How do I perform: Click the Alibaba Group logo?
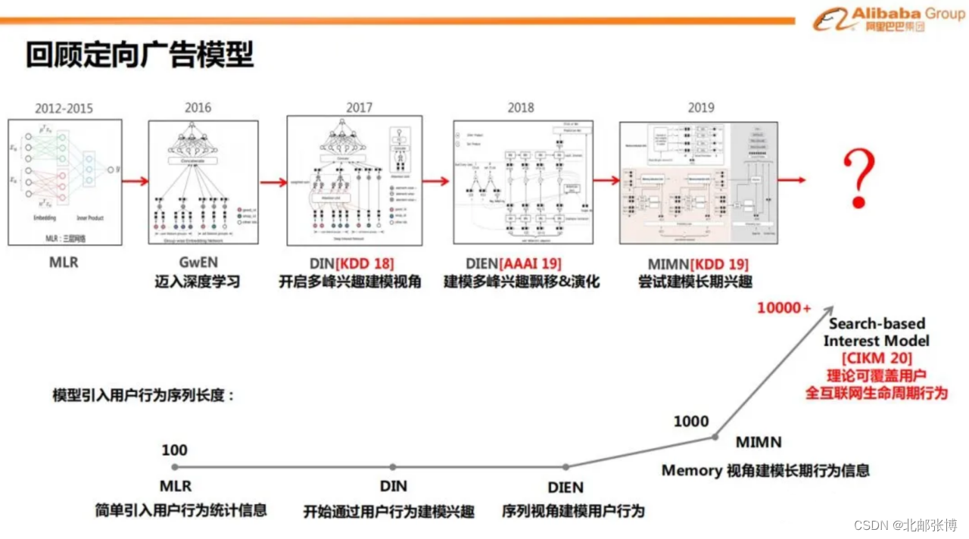(879, 20)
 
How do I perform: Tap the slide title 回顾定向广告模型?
(139, 55)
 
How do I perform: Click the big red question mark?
(859, 179)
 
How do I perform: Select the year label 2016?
(198, 107)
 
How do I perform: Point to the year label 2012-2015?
(64, 108)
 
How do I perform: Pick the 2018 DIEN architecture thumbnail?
(523, 182)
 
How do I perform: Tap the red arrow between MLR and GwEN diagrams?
(135, 182)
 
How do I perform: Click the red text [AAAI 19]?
(533, 264)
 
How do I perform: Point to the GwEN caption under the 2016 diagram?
(198, 264)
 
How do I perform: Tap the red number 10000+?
(784, 308)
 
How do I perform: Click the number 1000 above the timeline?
(691, 422)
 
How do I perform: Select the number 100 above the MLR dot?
(174, 450)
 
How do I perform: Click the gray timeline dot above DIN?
(392, 468)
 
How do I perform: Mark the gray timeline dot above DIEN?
(566, 468)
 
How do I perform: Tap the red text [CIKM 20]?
(877, 358)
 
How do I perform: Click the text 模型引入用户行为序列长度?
(144, 395)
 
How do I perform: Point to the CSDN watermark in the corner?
(905, 525)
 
